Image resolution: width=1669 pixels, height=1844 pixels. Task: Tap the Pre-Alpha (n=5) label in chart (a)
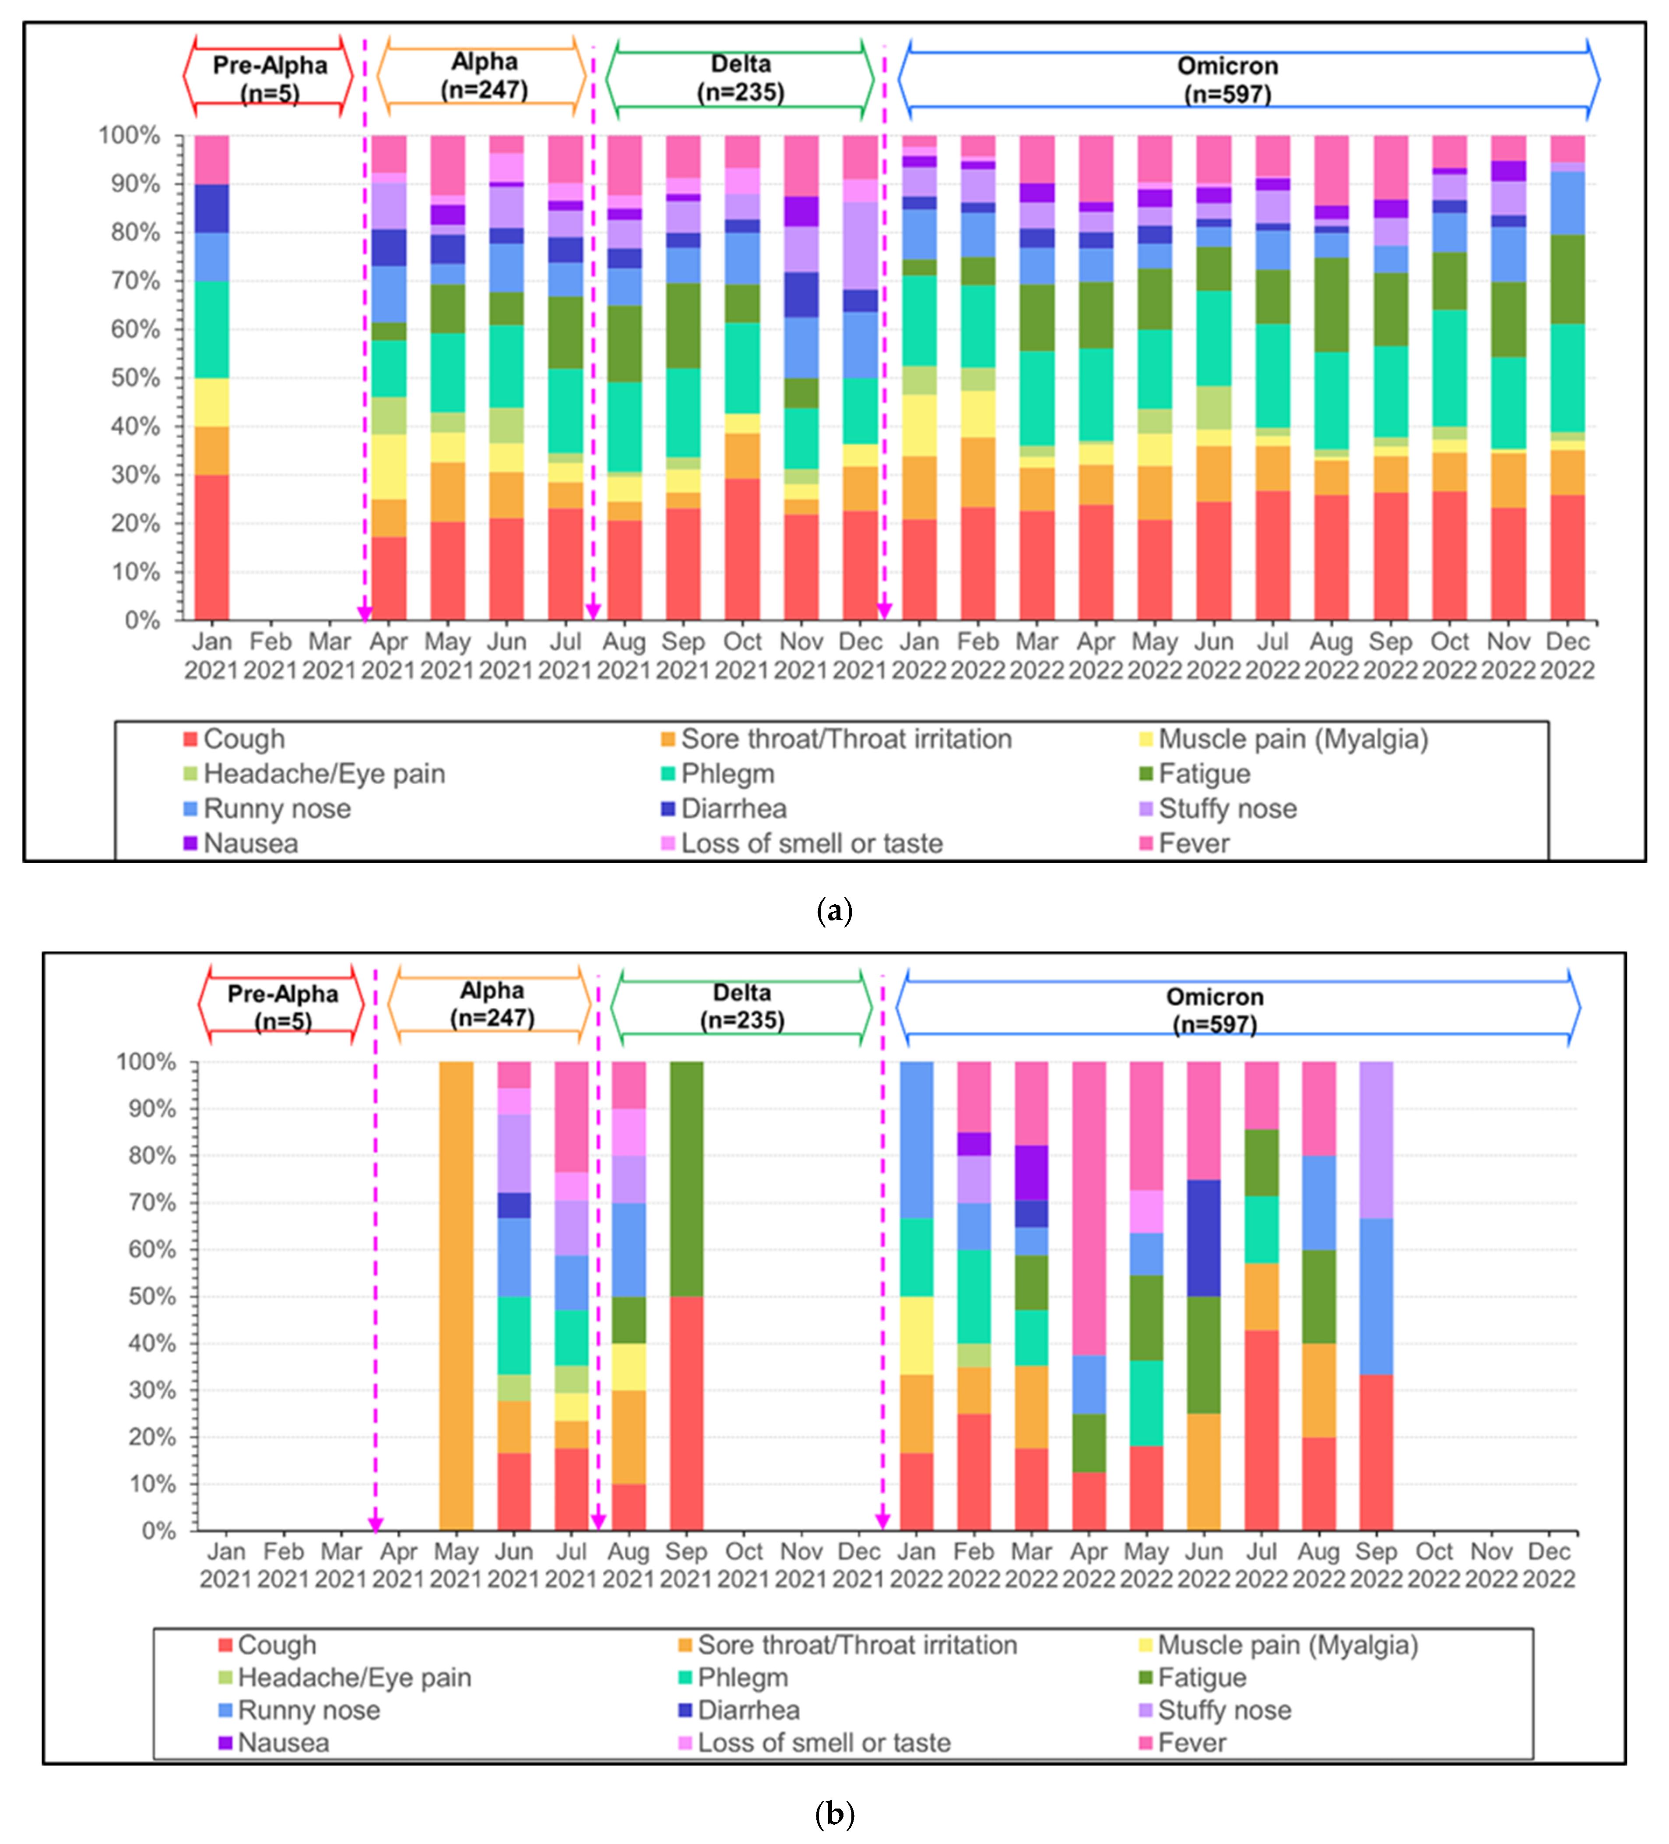click(270, 79)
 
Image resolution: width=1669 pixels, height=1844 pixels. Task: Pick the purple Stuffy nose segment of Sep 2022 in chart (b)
click(1375, 1140)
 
